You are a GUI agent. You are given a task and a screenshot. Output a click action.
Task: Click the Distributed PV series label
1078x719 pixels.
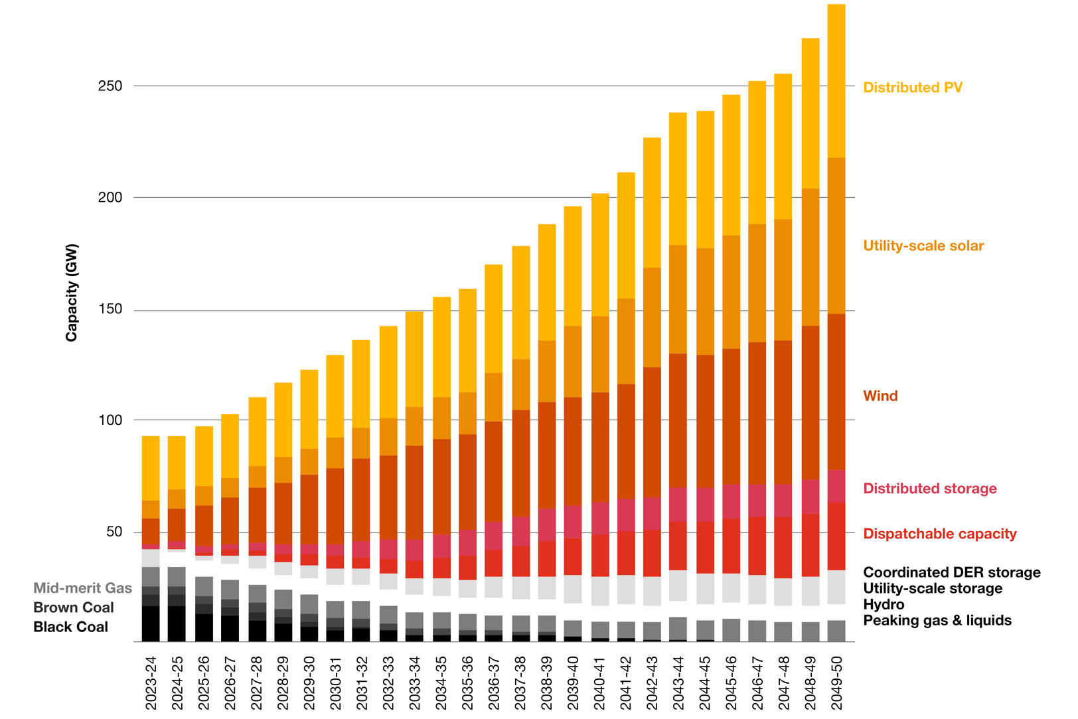point(912,88)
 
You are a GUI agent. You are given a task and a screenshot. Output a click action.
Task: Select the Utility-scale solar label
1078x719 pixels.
point(923,246)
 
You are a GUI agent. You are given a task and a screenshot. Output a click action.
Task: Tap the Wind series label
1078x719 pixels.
point(880,396)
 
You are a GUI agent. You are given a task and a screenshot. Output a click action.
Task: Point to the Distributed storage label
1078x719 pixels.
point(929,489)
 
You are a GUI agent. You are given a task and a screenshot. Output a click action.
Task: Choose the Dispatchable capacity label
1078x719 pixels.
point(939,534)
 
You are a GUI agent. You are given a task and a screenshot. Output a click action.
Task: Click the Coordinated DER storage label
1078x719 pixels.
point(951,572)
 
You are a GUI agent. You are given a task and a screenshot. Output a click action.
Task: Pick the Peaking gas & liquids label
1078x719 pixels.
point(937,621)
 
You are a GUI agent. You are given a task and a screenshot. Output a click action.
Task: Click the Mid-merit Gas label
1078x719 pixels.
point(82,588)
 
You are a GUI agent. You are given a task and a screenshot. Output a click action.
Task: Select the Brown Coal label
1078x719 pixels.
point(74,607)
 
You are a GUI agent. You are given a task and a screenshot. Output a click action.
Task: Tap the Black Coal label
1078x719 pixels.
point(70,627)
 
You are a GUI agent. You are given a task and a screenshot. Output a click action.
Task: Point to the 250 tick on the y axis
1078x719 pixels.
point(110,86)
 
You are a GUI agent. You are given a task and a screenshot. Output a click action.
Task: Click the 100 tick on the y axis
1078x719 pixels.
point(110,420)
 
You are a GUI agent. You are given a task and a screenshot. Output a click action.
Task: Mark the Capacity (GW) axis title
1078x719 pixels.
point(72,293)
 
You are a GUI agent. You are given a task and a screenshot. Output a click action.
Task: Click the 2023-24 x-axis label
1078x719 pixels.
point(151,682)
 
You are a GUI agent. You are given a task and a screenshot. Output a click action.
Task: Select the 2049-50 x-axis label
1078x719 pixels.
point(836,682)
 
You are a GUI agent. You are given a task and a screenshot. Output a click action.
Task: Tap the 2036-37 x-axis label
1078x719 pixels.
point(494,682)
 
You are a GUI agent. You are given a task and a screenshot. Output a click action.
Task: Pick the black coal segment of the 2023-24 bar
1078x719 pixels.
point(151,624)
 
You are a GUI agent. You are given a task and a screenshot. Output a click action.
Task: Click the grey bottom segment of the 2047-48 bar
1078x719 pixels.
point(783,631)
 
